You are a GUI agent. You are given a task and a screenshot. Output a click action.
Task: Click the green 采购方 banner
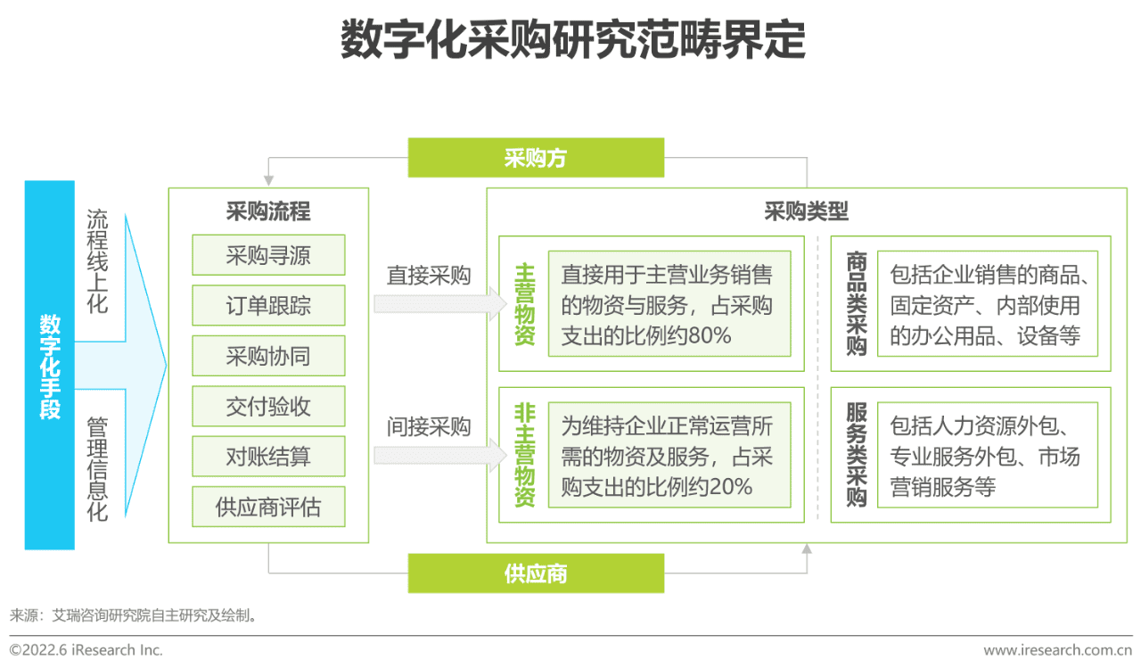536,158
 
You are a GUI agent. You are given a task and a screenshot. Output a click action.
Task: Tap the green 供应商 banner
536,573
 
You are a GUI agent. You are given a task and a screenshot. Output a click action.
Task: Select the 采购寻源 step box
268,255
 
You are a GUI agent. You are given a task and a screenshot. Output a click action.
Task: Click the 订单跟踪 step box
268,306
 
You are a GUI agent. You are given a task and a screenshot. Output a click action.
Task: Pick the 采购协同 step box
268,356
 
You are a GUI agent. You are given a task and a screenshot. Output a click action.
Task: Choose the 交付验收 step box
268,407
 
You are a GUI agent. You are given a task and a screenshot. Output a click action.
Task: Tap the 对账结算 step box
268,457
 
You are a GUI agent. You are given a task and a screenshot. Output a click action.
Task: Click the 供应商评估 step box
268,507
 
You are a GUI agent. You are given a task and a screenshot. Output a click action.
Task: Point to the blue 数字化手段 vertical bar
50,365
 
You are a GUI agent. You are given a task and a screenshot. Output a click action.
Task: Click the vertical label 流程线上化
97,260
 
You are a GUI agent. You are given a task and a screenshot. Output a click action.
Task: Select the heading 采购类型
806,211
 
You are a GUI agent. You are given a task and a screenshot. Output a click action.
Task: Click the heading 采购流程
268,211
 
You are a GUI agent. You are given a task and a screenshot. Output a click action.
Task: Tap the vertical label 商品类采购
857,303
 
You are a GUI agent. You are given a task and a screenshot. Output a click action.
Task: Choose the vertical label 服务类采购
857,455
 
